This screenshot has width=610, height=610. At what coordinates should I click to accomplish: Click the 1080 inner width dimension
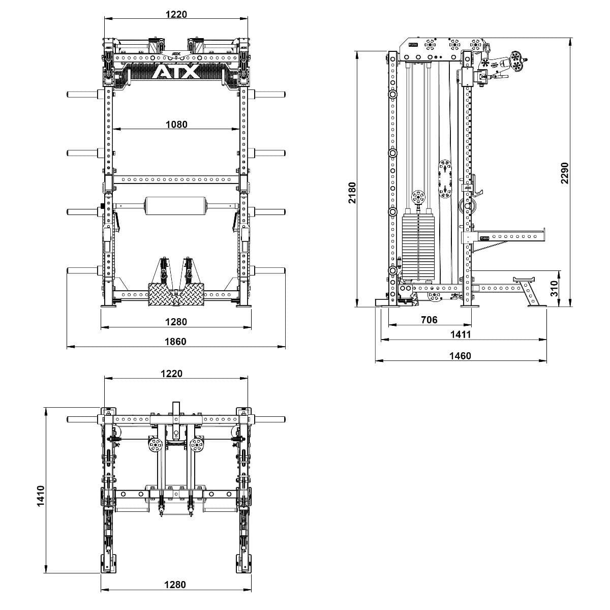tap(176, 125)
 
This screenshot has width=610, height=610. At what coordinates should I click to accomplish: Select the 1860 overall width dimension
tap(176, 342)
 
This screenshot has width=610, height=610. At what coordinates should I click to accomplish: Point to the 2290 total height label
tap(564, 173)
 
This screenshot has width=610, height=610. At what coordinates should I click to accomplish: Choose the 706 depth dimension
tap(429, 320)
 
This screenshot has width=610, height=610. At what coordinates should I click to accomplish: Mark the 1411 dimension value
tap(460, 334)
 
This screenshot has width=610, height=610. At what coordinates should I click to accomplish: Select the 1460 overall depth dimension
tap(460, 356)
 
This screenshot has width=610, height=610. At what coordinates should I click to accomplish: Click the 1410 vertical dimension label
tap(41, 495)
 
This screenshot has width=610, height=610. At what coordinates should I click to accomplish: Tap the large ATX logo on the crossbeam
tap(176, 72)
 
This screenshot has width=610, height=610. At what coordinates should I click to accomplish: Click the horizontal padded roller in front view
tap(176, 206)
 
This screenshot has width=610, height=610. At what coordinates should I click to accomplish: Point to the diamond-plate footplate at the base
tap(176, 294)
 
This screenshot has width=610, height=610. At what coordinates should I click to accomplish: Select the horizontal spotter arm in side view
tap(508, 236)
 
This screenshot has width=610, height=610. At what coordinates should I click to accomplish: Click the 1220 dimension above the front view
tap(176, 14)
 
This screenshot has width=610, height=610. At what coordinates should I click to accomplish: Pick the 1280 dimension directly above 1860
tap(176, 322)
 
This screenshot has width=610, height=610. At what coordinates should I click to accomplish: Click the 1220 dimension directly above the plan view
tap(171, 374)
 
